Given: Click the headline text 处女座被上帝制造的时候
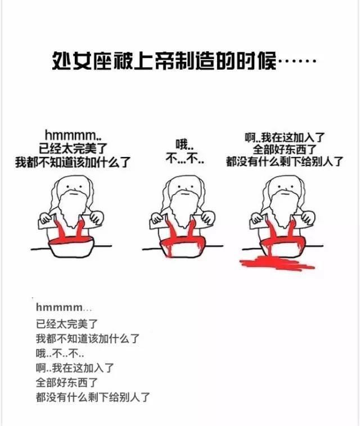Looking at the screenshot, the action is [164, 60].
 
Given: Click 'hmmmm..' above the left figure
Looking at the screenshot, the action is [73, 134].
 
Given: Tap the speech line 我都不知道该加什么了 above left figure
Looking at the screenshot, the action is [73, 162].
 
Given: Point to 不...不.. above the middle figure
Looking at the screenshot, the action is [185, 158].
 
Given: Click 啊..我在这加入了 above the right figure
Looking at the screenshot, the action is [285, 137].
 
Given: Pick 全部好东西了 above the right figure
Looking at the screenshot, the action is [285, 149].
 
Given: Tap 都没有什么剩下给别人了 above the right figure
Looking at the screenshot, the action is [285, 162].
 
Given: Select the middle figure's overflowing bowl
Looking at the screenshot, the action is [182, 247].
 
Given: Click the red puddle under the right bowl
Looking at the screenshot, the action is [277, 263].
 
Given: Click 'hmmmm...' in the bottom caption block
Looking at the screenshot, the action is [64, 307].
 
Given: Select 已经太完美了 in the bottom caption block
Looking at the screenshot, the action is [67, 324].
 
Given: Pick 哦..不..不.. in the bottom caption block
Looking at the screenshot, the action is [60, 353].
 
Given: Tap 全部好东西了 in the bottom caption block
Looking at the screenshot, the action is [67, 383].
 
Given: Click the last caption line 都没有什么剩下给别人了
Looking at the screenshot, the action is [93, 397].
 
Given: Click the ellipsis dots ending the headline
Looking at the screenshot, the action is [297, 61].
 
